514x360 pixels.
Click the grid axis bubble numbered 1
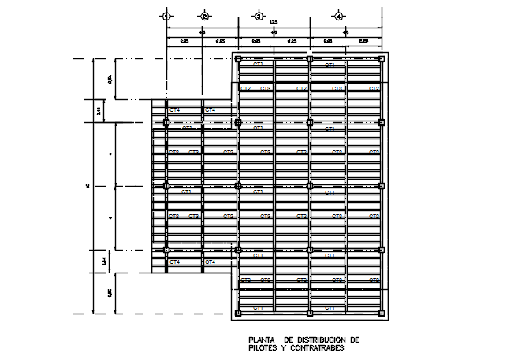point(166,16)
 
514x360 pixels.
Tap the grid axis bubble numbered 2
point(203,16)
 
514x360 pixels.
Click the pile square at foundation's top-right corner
point(382,58)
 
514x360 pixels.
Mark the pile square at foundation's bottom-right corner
point(382,314)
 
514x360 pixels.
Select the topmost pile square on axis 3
point(238,58)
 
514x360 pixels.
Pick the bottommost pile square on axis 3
point(238,314)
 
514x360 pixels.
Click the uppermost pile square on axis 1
point(166,122)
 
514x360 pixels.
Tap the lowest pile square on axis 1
point(166,250)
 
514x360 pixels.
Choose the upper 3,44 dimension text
point(98,111)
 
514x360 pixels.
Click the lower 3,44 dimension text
point(98,260)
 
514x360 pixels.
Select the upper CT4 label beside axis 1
point(174,111)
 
